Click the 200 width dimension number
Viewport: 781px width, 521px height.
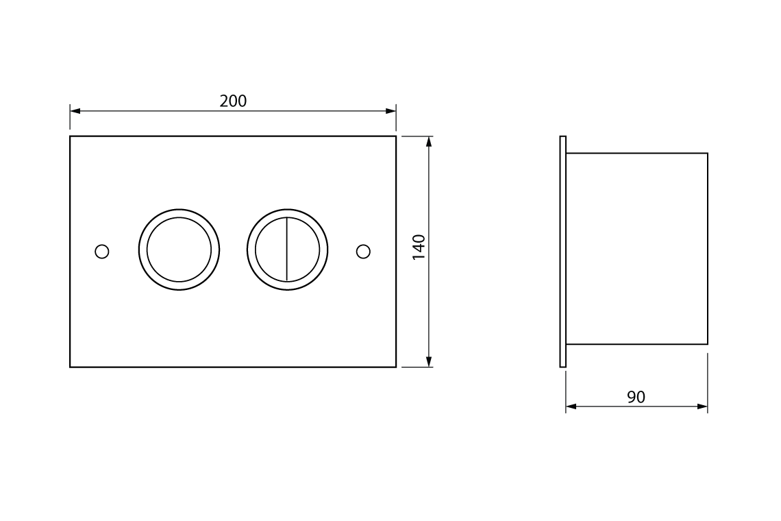[233, 101]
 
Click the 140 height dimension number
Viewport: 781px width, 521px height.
[419, 247]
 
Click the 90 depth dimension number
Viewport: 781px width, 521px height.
[636, 398]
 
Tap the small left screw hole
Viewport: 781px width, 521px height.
[102, 252]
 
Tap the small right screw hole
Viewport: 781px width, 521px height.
[363, 252]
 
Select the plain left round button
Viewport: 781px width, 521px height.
[179, 250]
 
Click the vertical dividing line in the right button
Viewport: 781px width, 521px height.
[287, 250]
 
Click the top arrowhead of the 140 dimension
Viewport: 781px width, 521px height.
[429, 141]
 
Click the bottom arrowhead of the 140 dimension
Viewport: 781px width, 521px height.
[429, 362]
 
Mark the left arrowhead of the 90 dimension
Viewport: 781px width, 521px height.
[571, 407]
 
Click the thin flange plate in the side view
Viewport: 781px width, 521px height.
[563, 252]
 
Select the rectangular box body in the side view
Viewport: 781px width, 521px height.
[637, 249]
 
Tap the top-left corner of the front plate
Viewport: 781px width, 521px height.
[70, 136]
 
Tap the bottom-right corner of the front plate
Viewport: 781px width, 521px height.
[396, 367]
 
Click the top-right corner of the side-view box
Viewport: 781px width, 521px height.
[708, 154]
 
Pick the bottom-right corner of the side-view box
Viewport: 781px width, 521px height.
[708, 344]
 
